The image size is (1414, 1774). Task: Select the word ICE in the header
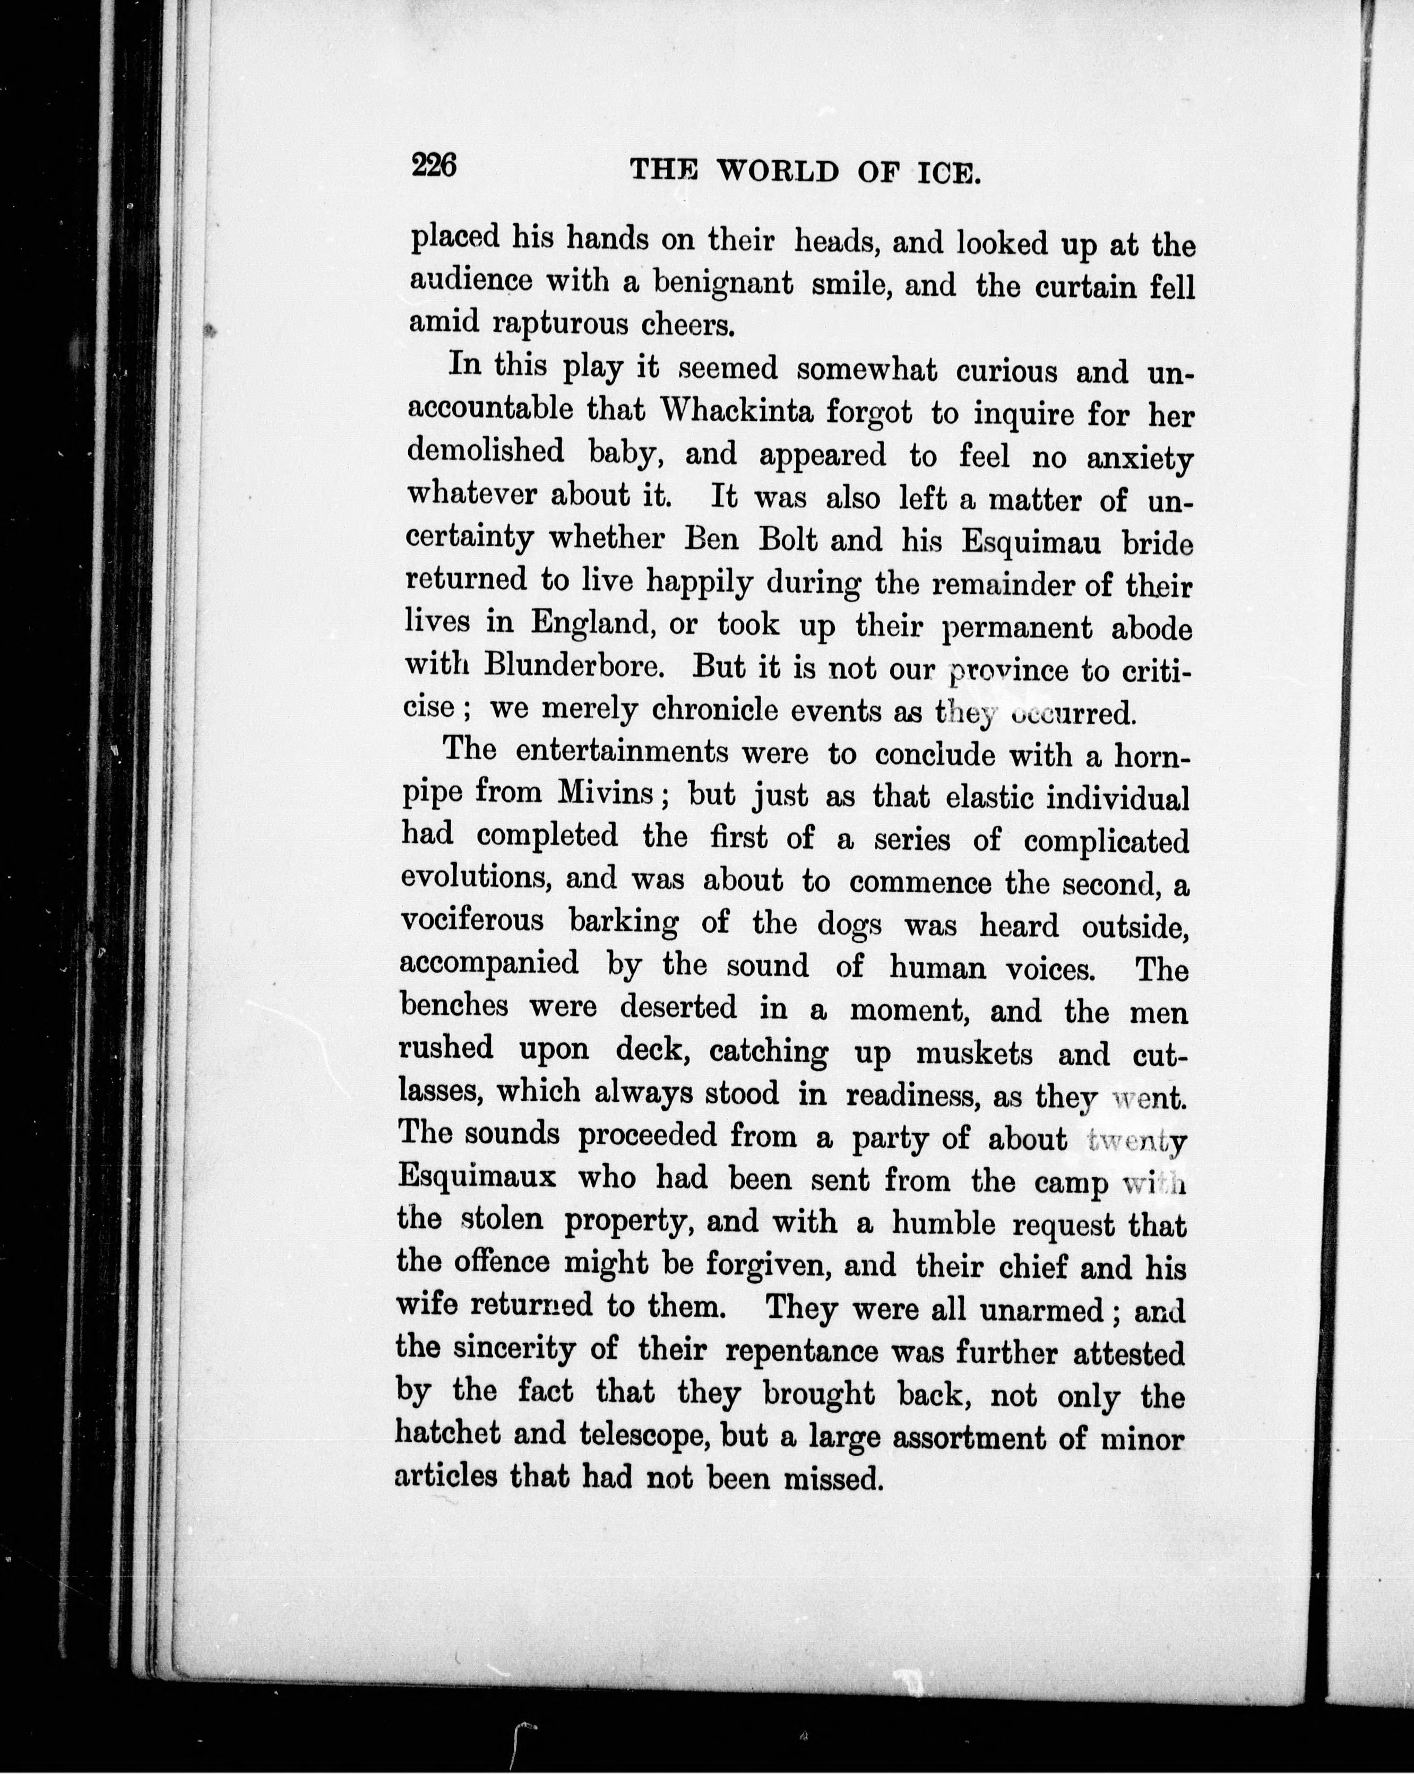pyautogui.click(x=947, y=173)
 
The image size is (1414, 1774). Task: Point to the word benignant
pyautogui.click(x=722, y=284)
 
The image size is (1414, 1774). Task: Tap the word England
pyautogui.click(x=592, y=622)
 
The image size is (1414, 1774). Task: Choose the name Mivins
pyautogui.click(x=606, y=793)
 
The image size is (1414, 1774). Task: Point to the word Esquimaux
pyautogui.click(x=477, y=1177)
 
